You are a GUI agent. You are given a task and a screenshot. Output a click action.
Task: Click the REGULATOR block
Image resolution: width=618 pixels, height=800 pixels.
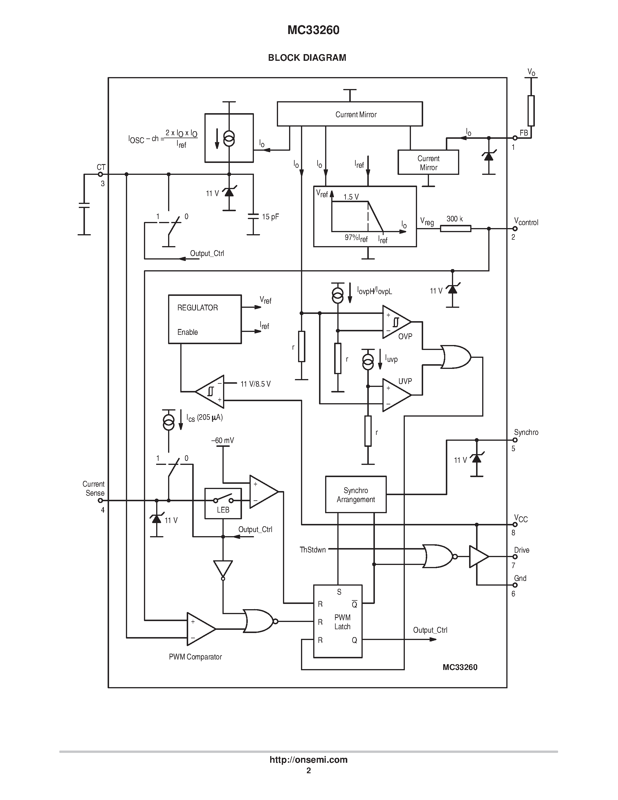point(205,319)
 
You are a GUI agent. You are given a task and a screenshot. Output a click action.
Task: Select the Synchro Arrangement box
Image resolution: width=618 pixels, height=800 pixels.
point(355,495)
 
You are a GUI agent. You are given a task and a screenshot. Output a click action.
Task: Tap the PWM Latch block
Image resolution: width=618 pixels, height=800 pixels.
point(338,621)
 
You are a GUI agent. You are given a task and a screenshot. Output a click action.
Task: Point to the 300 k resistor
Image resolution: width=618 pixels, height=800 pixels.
point(455,228)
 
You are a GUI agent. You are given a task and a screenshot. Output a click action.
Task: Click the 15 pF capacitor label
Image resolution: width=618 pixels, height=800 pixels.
point(270,217)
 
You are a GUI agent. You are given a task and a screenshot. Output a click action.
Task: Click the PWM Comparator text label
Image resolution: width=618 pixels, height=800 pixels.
point(195,657)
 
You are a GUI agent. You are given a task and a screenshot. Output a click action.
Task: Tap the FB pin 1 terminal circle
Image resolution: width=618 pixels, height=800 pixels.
point(515,138)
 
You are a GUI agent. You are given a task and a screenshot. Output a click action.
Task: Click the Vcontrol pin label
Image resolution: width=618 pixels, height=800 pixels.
point(526,221)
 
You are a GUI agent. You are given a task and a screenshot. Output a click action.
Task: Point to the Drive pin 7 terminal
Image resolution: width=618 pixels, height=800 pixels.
point(515,557)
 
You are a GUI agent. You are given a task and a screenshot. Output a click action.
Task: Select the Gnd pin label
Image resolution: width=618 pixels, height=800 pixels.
point(520,578)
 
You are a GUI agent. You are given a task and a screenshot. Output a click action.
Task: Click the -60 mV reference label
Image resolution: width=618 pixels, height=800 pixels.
point(222,440)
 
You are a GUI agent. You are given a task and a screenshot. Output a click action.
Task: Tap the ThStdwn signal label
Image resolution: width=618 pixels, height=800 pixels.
point(312,550)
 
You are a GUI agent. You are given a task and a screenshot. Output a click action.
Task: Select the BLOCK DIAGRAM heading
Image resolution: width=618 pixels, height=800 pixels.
point(307,58)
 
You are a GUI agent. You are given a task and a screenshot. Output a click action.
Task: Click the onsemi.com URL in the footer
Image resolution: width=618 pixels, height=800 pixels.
point(308,760)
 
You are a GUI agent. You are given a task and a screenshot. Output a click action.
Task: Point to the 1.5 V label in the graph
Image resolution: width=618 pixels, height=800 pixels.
point(351,197)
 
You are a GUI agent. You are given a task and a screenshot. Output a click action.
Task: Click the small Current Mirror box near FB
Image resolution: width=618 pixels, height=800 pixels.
point(428,163)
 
